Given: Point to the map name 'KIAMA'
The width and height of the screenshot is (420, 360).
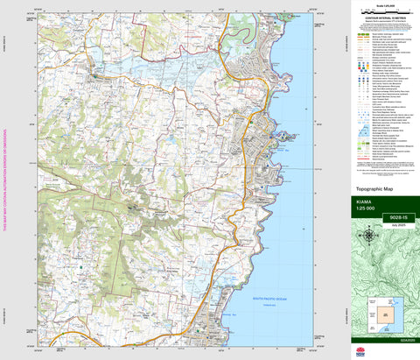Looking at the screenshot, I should (365, 201).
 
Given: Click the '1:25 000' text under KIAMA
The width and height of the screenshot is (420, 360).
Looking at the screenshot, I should (366, 208).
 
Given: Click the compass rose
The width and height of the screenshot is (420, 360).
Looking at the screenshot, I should (371, 235).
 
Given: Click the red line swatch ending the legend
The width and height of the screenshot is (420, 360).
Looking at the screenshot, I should (359, 178).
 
